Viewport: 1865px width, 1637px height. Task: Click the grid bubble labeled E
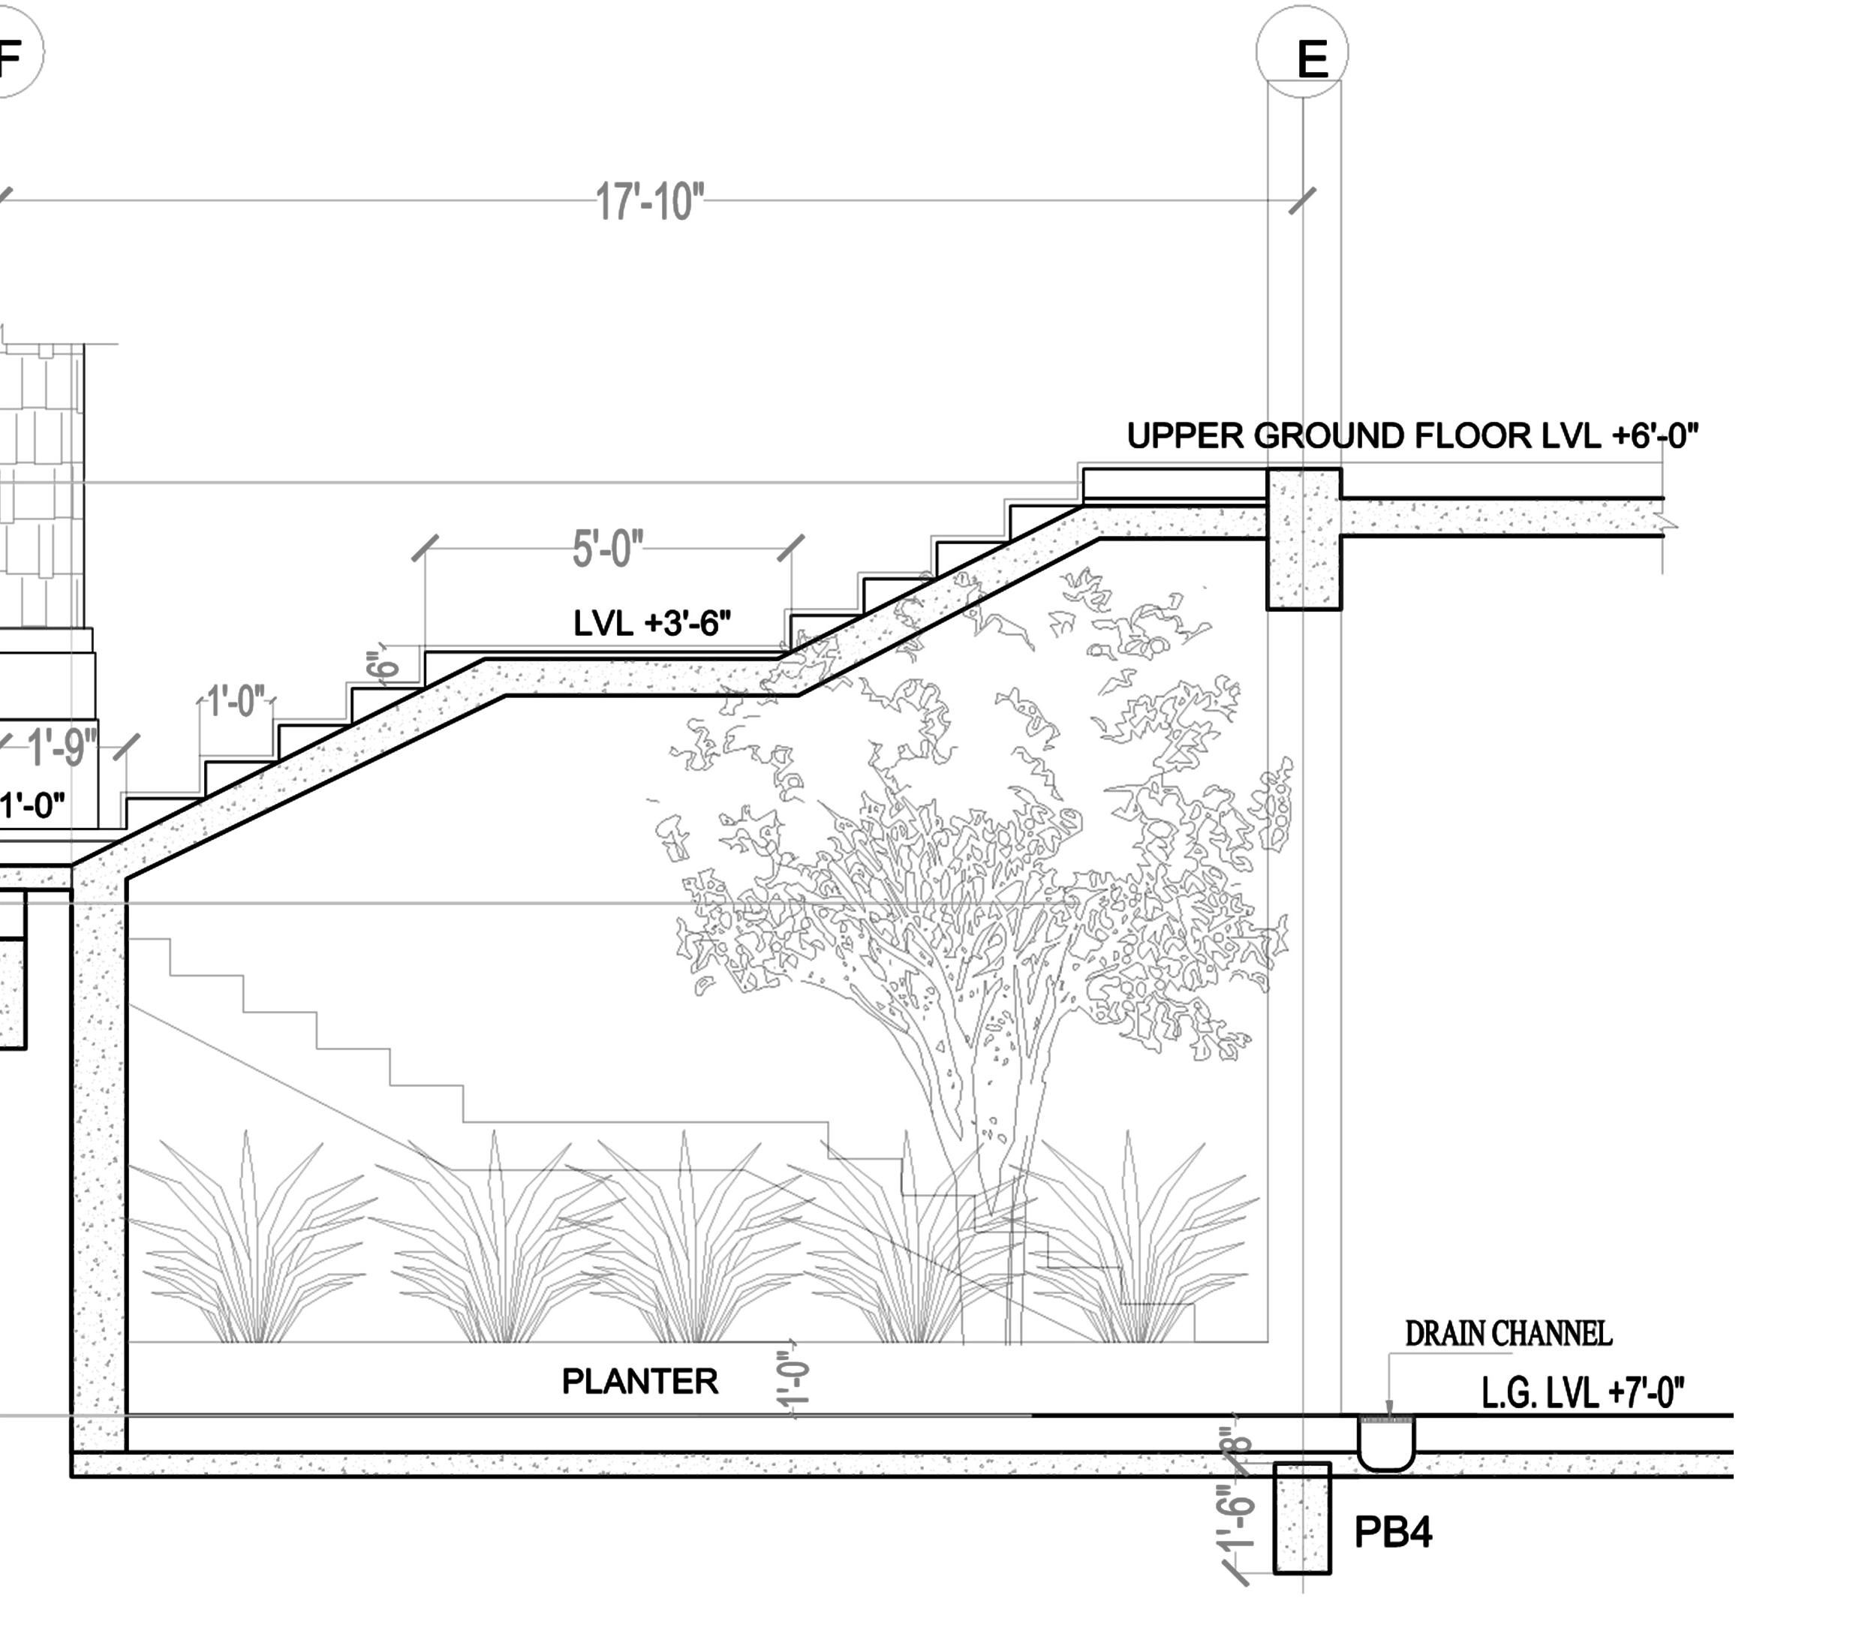[x=1302, y=52]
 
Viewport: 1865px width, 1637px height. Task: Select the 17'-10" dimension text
[x=650, y=202]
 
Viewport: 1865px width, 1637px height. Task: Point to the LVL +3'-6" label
[x=651, y=623]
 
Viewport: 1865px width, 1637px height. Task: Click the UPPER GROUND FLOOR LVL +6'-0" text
[x=1412, y=436]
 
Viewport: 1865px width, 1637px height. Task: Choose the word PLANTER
[x=639, y=1382]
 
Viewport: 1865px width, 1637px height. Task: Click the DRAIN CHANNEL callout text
[x=1507, y=1334]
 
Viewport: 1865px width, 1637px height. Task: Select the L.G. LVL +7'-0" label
[x=1582, y=1393]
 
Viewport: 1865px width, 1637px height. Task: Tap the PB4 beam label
[x=1392, y=1533]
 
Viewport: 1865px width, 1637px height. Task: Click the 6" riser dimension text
[x=384, y=664]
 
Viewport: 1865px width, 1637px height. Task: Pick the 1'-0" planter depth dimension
[x=794, y=1380]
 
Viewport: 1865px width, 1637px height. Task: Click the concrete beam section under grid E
[x=1304, y=538]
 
